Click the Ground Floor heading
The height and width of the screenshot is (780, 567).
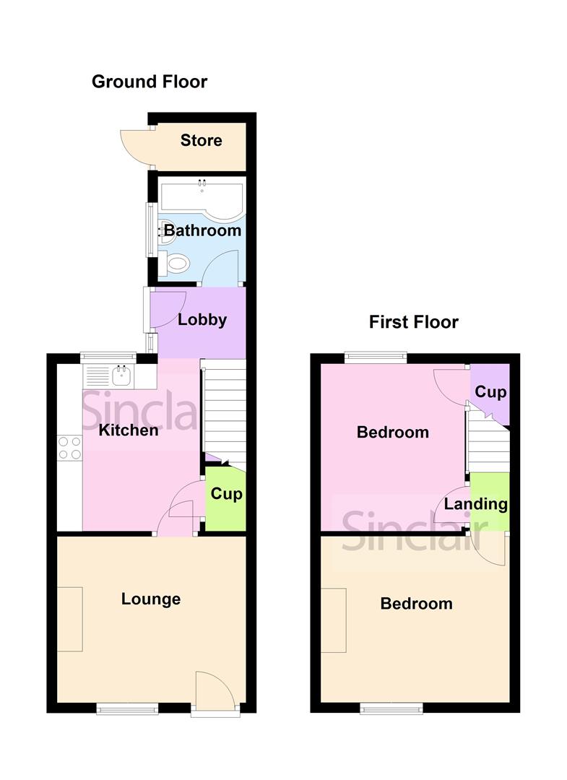click(x=149, y=82)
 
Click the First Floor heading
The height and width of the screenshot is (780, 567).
click(x=413, y=321)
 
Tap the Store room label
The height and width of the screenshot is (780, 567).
click(x=201, y=140)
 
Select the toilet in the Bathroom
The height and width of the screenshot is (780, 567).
click(x=176, y=264)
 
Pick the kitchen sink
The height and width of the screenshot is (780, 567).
click(x=121, y=375)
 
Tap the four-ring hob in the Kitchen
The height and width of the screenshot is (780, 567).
click(x=70, y=448)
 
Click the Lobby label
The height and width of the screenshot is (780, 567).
click(x=202, y=320)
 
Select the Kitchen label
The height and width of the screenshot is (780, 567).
click(x=128, y=430)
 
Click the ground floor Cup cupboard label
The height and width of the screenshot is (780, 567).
click(x=226, y=495)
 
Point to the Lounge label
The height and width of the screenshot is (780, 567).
click(x=151, y=599)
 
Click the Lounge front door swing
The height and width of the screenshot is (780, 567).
click(x=215, y=690)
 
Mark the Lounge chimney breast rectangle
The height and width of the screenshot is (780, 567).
click(x=70, y=619)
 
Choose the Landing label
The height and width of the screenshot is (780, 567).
click(x=475, y=504)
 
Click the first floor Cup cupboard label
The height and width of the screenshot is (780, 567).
click(x=490, y=393)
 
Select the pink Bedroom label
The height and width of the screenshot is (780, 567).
click(x=392, y=433)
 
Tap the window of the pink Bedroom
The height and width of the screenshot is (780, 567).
click(x=376, y=355)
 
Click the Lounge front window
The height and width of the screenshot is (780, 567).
click(x=127, y=710)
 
